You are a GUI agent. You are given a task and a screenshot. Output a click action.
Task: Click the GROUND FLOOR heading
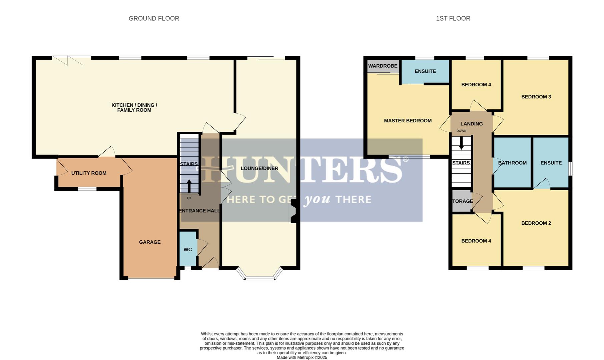point(154,19)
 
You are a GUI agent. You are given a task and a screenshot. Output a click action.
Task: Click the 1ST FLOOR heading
point(453,19)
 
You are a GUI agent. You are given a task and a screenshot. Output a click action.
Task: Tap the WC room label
point(187,250)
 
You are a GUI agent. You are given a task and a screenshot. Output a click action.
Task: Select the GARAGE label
point(150,242)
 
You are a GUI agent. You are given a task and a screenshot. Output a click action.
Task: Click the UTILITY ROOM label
point(89,173)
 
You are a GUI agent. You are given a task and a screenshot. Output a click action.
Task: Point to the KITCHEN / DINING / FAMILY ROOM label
point(134,107)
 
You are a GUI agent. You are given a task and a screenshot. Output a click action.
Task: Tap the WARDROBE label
point(383,66)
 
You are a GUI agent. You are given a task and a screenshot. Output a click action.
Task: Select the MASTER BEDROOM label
point(408,121)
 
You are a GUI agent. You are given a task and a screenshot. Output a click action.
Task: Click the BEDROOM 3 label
point(536,97)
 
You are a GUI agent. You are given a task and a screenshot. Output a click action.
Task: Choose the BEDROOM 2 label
point(536,223)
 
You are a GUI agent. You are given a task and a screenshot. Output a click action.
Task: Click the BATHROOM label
point(512,163)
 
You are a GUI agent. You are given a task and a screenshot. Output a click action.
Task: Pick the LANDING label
point(471,124)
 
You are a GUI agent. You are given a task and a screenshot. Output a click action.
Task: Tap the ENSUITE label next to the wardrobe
point(425,71)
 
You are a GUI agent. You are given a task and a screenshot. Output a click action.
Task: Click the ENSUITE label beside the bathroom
point(551,163)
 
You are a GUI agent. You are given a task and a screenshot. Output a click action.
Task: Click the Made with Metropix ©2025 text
point(302,357)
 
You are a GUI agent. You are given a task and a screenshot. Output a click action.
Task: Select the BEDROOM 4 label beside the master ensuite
point(476,85)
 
